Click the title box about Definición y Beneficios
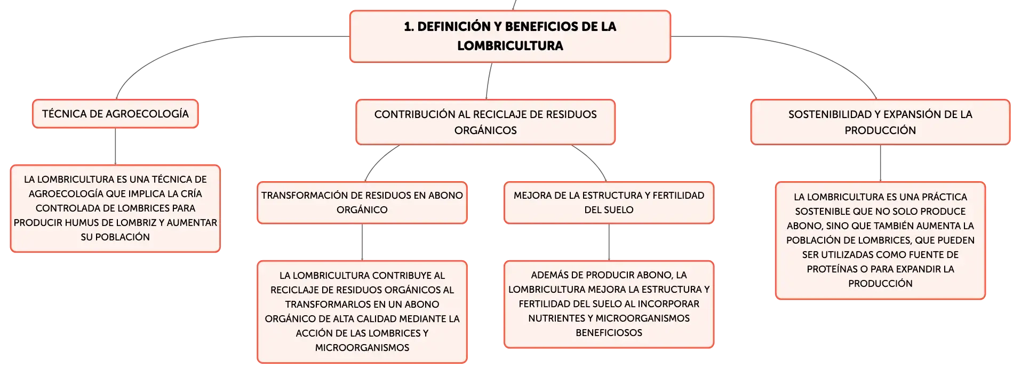pos(510,36)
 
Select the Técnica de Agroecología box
pos(115,114)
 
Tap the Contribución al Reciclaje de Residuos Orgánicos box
pos(485,122)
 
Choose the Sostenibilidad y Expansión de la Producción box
pos(880,122)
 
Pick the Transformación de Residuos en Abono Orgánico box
pos(362,202)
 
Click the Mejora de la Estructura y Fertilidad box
pos(609,202)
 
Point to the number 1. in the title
pos(409,27)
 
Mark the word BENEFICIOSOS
pos(609,333)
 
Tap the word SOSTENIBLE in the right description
pos(820,212)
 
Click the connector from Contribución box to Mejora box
pos(593,160)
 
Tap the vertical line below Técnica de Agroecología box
pos(115,146)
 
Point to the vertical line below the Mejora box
pos(609,242)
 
